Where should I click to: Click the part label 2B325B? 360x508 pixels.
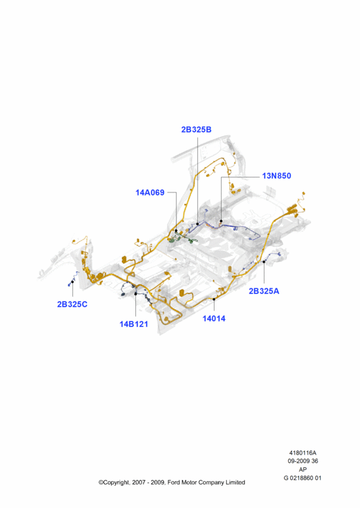pyautogui.click(x=196, y=130)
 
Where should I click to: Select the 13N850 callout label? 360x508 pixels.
pyautogui.click(x=276, y=176)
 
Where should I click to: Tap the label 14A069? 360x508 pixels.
pyautogui.click(x=150, y=192)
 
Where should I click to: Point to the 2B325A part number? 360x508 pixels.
pyautogui.click(x=263, y=291)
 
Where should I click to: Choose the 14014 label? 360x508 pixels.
pyautogui.click(x=214, y=319)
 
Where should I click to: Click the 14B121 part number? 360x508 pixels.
pyautogui.click(x=133, y=324)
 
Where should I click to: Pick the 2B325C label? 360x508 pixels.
pyautogui.click(x=72, y=304)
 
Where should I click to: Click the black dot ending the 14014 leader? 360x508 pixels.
pyautogui.click(x=214, y=299)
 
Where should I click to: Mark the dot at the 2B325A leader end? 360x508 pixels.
pyautogui.click(x=264, y=262)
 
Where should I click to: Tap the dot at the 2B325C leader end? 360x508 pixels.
pyautogui.click(x=72, y=282)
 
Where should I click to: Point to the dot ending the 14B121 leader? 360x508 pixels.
pyautogui.click(x=136, y=294)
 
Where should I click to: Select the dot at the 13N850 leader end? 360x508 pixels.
pyautogui.click(x=222, y=221)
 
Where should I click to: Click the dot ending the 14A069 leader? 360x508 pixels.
pyautogui.click(x=176, y=231)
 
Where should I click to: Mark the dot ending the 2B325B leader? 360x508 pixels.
pyautogui.click(x=197, y=224)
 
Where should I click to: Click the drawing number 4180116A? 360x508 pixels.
pyautogui.click(x=303, y=453)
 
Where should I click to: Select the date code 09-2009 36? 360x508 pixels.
pyautogui.click(x=303, y=461)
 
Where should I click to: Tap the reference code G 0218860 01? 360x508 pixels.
pyautogui.click(x=303, y=478)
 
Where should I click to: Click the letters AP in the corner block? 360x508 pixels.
pyautogui.click(x=303, y=469)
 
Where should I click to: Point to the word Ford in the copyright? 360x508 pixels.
pyautogui.click(x=174, y=483)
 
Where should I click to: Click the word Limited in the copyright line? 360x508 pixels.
pyautogui.click(x=236, y=483)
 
